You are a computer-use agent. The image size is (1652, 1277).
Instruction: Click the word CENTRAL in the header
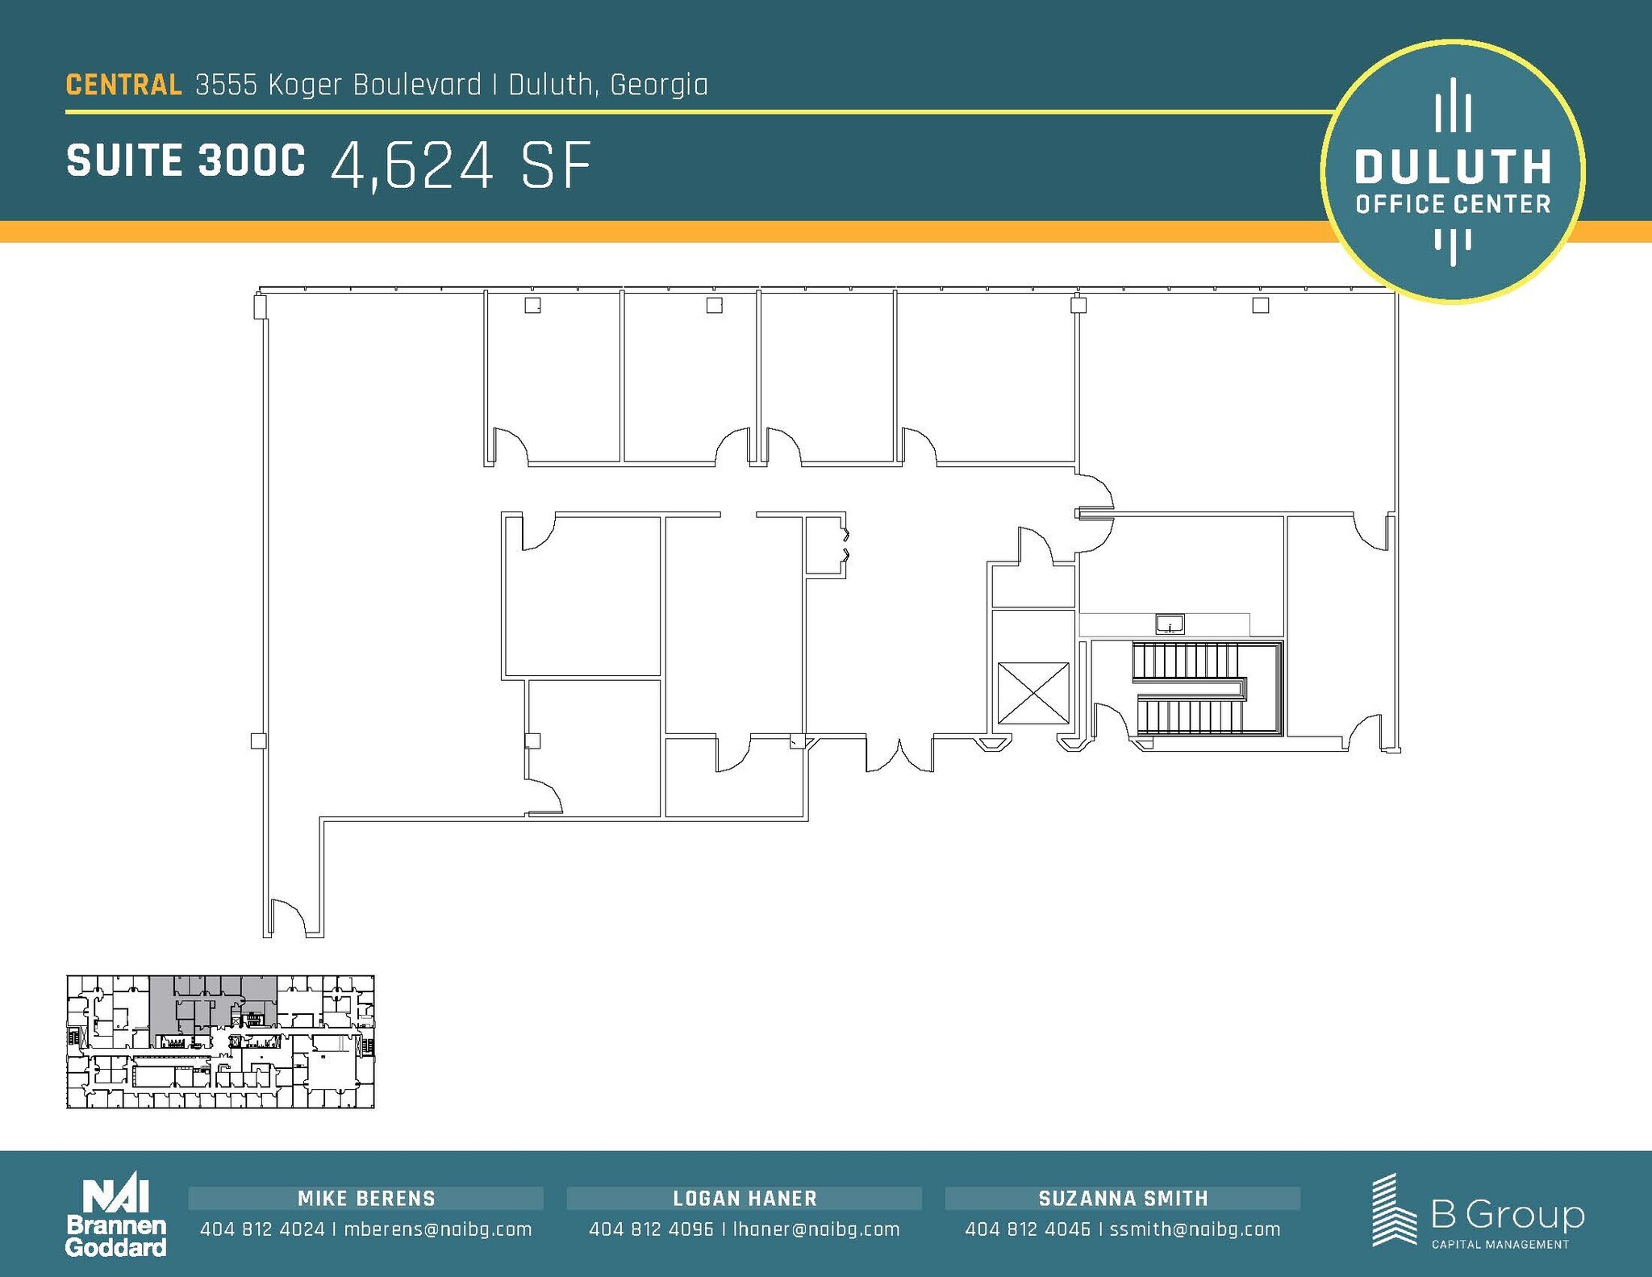[123, 85]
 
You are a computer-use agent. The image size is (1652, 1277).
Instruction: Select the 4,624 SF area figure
[461, 165]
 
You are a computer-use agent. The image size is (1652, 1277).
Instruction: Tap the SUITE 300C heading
[186, 161]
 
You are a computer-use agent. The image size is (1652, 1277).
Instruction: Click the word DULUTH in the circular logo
[1453, 167]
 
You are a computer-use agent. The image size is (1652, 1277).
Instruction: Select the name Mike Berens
[366, 1199]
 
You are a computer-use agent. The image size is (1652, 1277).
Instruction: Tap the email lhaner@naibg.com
[816, 1229]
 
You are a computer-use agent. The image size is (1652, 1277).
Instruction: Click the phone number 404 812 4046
[1028, 1229]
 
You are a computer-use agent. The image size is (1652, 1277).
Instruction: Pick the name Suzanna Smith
[1124, 1199]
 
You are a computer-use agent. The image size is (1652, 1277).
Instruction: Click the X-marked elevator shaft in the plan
[1033, 693]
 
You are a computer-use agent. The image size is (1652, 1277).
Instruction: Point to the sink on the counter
[1170, 624]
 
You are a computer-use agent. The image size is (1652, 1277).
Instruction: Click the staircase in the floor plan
[1206, 688]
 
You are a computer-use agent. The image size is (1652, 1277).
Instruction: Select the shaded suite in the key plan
[213, 1003]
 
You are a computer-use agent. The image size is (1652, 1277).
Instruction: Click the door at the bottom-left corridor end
[287, 919]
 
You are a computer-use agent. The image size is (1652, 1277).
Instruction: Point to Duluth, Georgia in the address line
[608, 85]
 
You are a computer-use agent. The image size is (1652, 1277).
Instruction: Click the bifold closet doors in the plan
[845, 545]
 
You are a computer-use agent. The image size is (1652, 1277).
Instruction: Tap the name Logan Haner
[745, 1199]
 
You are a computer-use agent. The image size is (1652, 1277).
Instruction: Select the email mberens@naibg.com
[438, 1229]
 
